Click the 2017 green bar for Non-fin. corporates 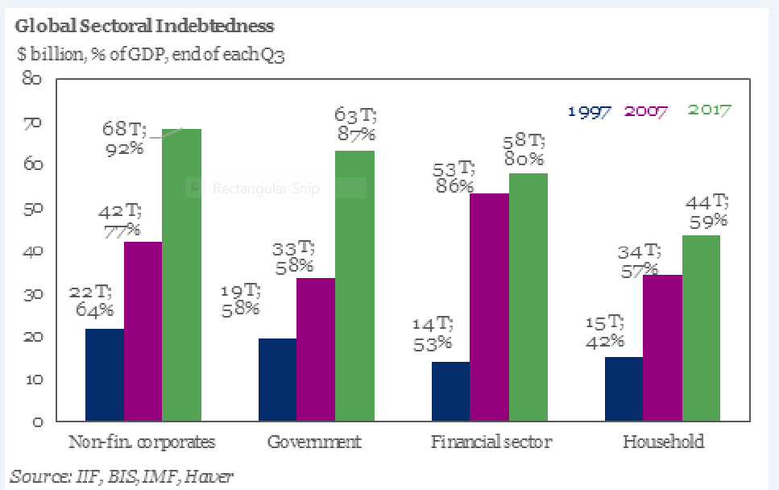[181, 274]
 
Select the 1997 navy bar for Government [277, 379]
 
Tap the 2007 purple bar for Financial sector [489, 307]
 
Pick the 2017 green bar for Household [701, 327]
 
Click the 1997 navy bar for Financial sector [450, 391]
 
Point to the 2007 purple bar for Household [662, 347]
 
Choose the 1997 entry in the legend [590, 111]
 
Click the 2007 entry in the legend [648, 111]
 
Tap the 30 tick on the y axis [33, 294]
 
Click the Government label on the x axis [314, 442]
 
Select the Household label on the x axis [663, 442]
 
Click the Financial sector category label [491, 442]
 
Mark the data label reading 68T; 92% [126, 139]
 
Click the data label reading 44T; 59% [706, 210]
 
